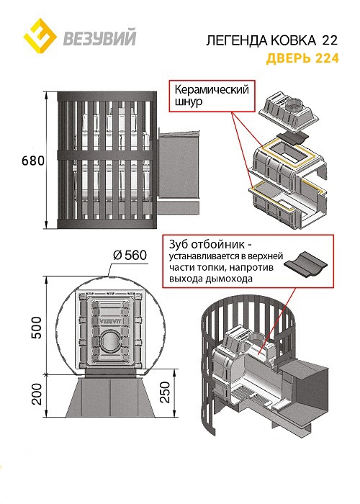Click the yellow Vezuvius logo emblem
point(40,35)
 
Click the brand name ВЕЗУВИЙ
point(99,37)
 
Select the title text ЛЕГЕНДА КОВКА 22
point(272,40)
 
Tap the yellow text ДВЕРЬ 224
point(302,58)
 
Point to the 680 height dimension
point(33,161)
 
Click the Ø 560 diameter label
point(130,256)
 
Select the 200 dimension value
point(37,394)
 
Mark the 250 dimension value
point(164,392)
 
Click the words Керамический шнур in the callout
point(212,95)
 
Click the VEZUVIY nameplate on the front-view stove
point(108,320)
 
